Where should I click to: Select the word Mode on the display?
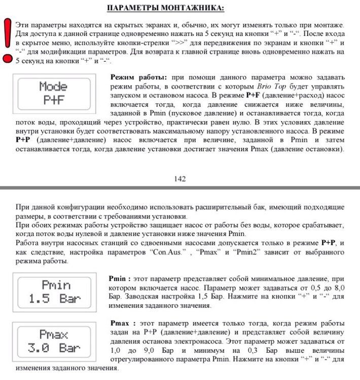click(53, 87)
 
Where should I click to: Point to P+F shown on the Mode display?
click(53, 100)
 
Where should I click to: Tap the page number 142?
click(179, 178)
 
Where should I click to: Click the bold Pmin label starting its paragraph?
click(120, 279)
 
